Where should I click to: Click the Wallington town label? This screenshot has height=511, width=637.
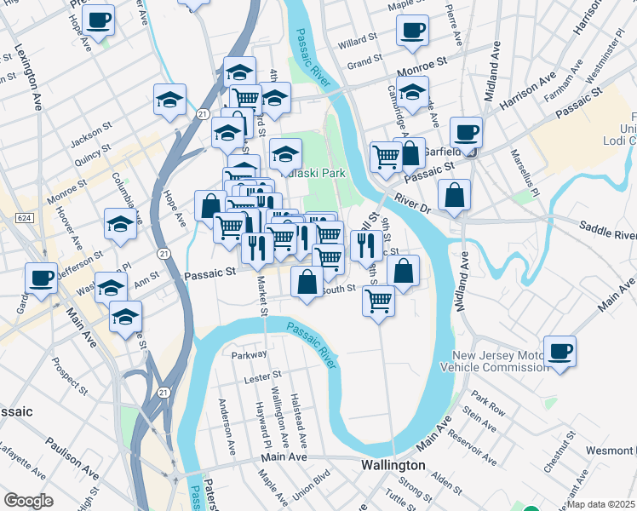(393, 466)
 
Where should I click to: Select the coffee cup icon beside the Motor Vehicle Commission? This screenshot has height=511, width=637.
(560, 351)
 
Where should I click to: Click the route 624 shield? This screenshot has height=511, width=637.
(24, 218)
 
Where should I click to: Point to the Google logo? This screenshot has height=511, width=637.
(28, 501)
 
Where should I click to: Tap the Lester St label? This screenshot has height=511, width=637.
(263, 375)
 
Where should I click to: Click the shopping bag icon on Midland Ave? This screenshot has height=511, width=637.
(456, 194)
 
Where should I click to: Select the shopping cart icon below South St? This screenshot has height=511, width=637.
(378, 300)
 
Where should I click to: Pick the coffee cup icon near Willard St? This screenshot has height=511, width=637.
(413, 32)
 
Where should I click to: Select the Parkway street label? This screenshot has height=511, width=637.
(250, 353)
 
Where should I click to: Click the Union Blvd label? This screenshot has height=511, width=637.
(311, 485)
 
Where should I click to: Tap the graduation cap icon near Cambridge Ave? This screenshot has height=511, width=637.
(412, 93)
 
